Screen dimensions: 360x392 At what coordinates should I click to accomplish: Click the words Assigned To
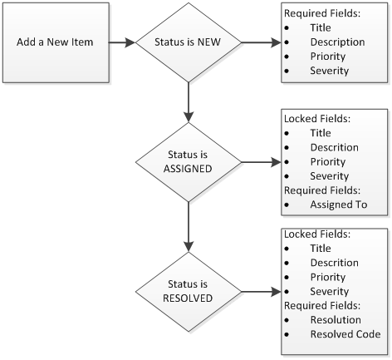[x=338, y=205]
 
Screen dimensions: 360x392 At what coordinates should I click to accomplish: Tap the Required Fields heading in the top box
[x=321, y=14]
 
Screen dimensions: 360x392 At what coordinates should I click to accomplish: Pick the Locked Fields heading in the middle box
[x=317, y=119]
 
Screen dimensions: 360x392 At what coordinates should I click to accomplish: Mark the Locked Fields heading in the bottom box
[x=317, y=234]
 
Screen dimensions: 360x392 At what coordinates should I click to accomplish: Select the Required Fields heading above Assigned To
[x=321, y=190]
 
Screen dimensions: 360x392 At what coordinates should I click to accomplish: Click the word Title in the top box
[x=321, y=27]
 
